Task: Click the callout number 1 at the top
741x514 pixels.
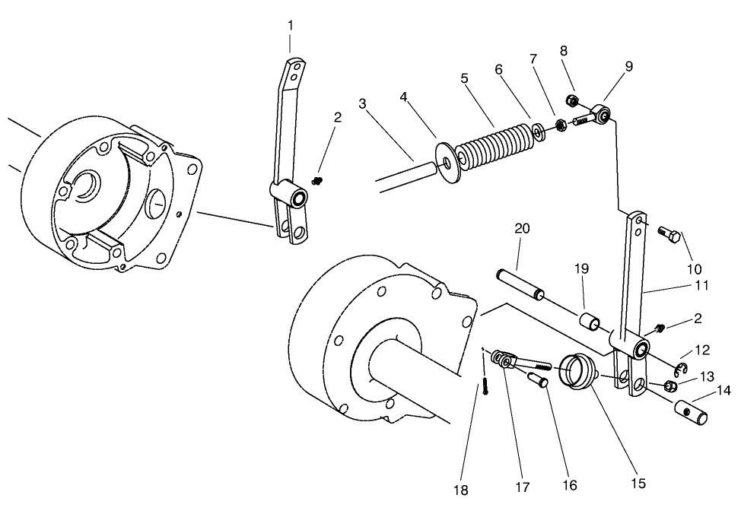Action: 290,25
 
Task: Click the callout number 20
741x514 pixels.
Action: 521,228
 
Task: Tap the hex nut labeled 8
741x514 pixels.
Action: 573,100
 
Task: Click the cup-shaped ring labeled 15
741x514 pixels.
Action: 578,371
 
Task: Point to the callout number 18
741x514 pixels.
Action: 461,490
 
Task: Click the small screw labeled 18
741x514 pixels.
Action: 484,387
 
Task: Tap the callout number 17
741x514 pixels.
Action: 522,487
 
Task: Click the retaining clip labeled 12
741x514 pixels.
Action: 680,370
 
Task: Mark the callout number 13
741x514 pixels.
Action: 707,376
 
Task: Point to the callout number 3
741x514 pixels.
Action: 363,103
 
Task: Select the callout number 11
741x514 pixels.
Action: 701,286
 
